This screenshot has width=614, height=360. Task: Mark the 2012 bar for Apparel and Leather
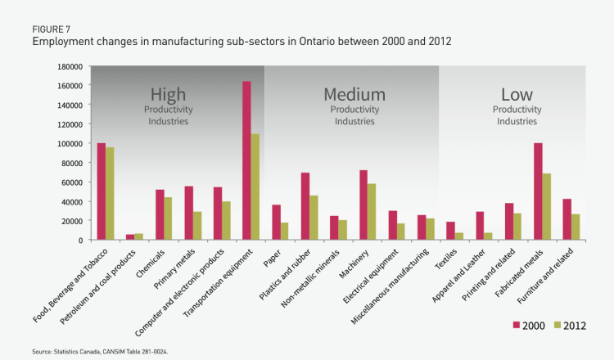[x=488, y=236]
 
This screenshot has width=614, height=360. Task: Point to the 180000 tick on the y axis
[x=71, y=66]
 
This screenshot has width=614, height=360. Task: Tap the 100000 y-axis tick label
[x=71, y=143]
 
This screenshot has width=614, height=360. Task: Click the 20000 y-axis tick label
[x=74, y=221]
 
